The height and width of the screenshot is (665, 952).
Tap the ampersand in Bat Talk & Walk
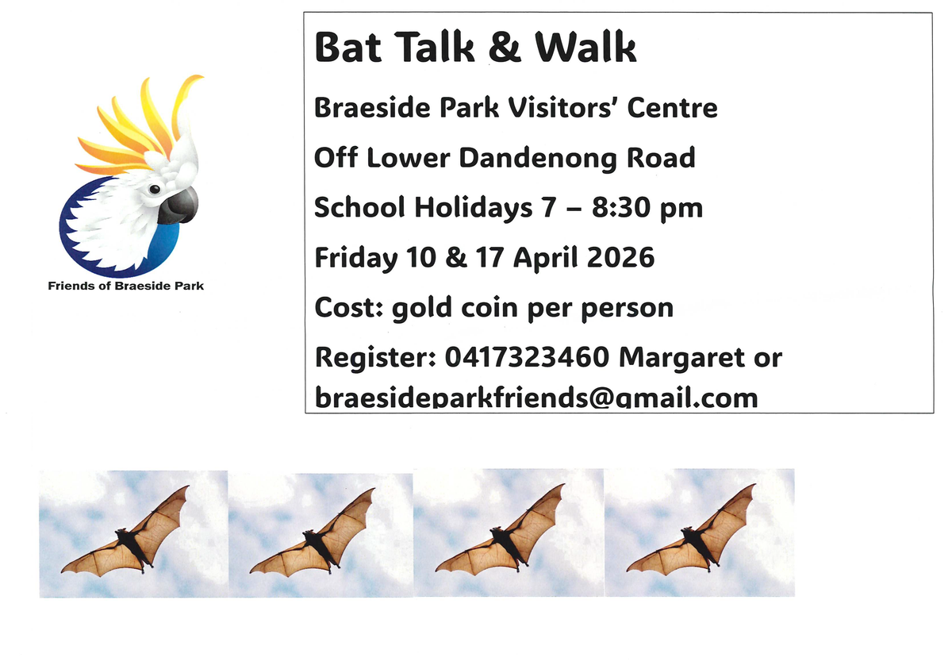[505, 47]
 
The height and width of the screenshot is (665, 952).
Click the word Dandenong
[538, 158]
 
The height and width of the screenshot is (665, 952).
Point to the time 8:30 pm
[647, 208]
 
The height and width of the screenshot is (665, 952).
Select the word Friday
[356, 259]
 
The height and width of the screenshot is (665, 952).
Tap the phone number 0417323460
[527, 357]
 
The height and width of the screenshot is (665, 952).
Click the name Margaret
[681, 358]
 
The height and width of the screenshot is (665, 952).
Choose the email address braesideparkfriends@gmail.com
[536, 397]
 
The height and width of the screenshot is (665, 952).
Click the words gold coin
[455, 308]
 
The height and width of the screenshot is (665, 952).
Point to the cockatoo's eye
[155, 189]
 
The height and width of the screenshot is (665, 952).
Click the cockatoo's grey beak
[178, 206]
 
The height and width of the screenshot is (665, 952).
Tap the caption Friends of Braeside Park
[126, 286]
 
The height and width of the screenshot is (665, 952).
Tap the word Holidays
[473, 209]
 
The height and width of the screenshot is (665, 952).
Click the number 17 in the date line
[489, 257]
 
